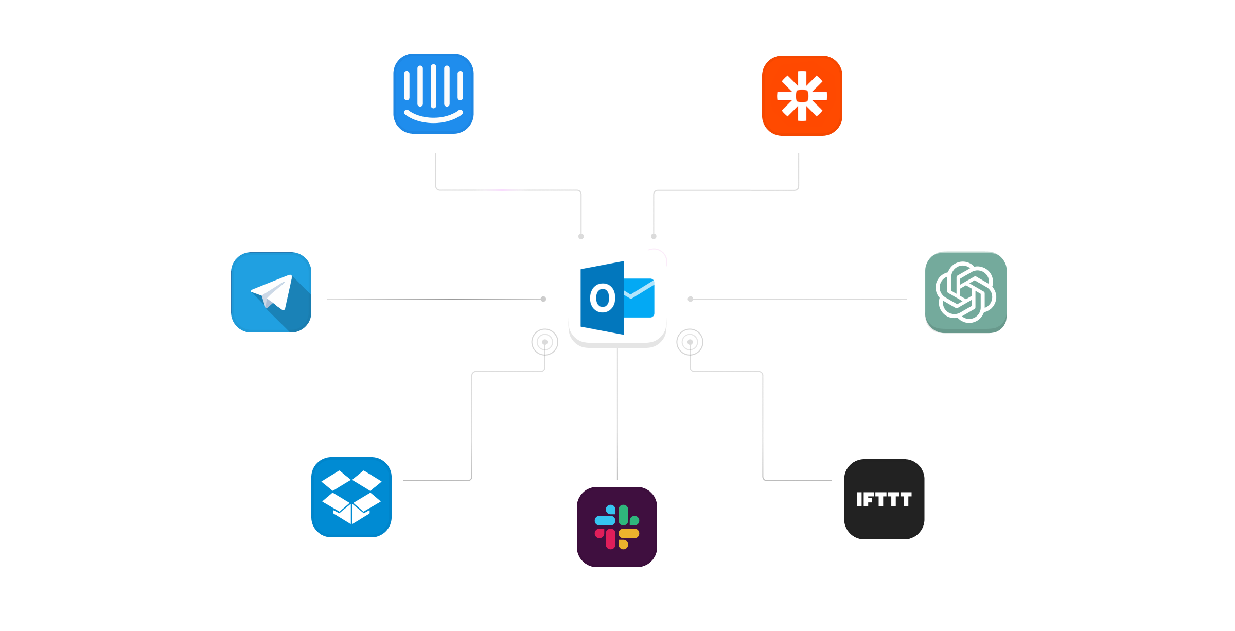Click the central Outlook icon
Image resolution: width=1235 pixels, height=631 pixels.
click(617, 299)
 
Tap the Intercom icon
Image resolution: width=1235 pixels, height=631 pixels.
click(433, 94)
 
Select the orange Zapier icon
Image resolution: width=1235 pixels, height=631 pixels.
click(802, 96)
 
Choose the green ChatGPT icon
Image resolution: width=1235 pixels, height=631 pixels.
click(965, 292)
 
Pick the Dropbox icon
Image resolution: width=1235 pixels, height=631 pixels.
click(351, 497)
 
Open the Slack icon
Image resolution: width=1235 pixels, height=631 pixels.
click(617, 527)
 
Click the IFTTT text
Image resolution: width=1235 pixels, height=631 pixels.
click(884, 499)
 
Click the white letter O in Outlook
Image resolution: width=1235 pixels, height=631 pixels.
click(602, 298)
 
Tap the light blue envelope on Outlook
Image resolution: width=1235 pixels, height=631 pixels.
click(639, 298)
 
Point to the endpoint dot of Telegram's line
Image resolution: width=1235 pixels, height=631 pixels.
click(543, 299)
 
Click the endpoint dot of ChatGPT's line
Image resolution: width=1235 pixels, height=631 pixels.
click(691, 299)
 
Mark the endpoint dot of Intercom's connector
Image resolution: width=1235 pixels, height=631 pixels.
click(581, 236)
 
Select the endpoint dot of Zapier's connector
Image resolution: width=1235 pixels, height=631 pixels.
click(654, 236)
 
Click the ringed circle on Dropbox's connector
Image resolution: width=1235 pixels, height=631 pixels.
click(544, 342)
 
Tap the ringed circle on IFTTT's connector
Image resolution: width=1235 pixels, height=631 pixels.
click(690, 342)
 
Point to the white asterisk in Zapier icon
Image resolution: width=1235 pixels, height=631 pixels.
click(802, 96)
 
